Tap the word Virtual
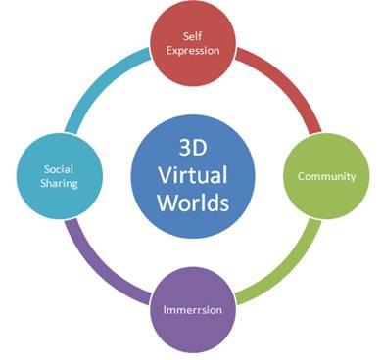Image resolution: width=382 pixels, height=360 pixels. tap(191, 177)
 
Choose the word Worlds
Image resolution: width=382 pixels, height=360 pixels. tap(191, 204)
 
